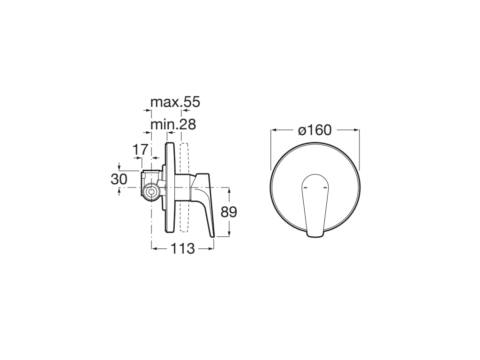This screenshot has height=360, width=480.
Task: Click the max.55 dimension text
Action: coord(175,102)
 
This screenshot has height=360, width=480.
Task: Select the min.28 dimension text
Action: coord(173,125)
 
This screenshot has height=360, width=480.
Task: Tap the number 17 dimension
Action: coord(140,150)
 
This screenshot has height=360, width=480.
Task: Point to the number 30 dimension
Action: coord(119,179)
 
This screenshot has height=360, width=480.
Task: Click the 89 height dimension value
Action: coord(229,212)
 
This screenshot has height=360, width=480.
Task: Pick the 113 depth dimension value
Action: coord(182,249)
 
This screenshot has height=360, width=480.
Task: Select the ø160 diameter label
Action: coord(315,130)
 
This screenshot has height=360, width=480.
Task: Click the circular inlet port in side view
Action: coord(151,192)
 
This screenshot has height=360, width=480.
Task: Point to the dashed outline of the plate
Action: coord(184,187)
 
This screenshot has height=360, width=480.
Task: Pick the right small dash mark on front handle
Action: coord(324,187)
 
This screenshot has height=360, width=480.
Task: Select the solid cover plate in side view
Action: coord(170,187)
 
